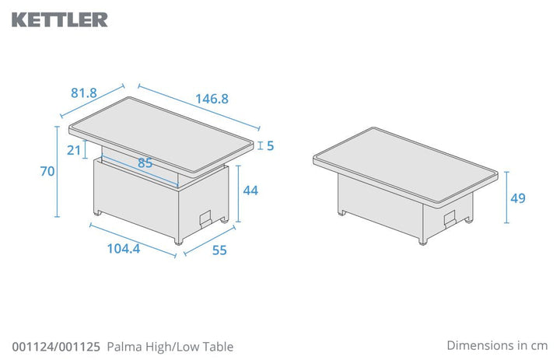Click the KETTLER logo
(60, 19)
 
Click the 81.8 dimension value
(83, 93)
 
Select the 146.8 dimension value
(211, 100)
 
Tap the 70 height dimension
(47, 172)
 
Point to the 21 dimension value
(74, 150)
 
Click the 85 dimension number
(145, 164)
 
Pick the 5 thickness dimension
(270, 145)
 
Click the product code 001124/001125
(55, 347)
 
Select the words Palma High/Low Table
(170, 347)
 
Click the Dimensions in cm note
(497, 344)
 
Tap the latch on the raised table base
(206, 219)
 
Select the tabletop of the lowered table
(404, 163)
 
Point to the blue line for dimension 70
(58, 172)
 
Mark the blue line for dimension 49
(505, 198)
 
